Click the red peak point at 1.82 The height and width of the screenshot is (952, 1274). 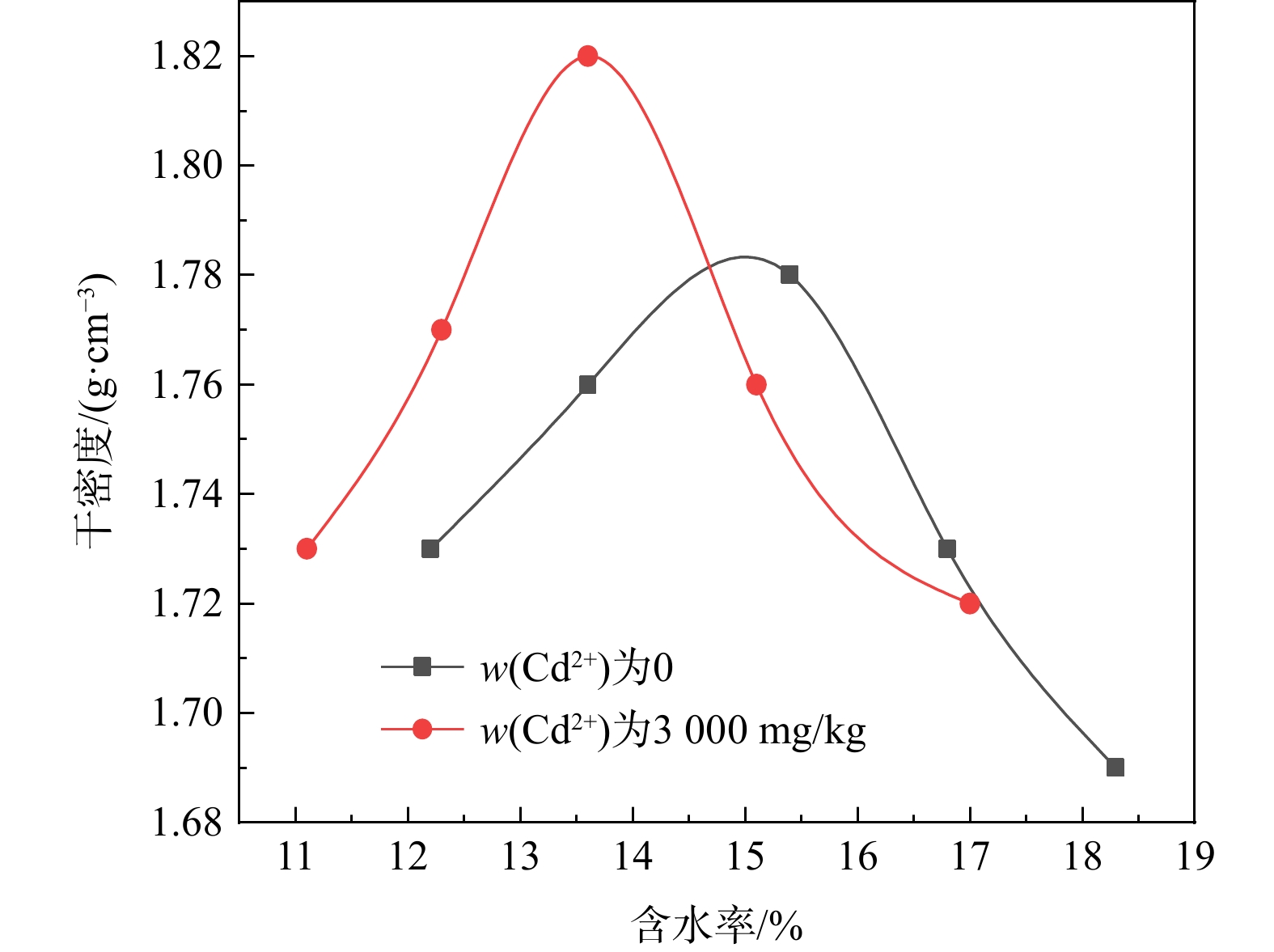click(x=588, y=56)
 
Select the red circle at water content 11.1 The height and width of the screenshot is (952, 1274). click(x=307, y=548)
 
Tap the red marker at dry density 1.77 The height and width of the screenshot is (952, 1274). click(x=441, y=329)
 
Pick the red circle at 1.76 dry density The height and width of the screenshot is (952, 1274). click(x=756, y=384)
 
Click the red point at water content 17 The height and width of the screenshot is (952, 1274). click(x=970, y=603)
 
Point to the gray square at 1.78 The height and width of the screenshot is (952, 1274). click(x=789, y=274)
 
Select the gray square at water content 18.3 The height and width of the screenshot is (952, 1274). click(x=1115, y=767)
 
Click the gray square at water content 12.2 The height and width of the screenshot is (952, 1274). click(x=430, y=549)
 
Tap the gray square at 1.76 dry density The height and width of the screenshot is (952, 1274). click(x=588, y=384)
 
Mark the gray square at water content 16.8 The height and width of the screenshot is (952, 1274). click(x=947, y=549)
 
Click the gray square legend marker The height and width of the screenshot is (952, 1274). click(x=421, y=666)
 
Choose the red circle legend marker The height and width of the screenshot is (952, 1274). click(x=421, y=730)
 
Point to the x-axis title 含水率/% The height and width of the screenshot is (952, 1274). click(x=717, y=924)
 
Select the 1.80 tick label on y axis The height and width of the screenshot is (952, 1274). click(x=187, y=166)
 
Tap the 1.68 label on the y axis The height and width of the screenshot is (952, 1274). click(x=187, y=823)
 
